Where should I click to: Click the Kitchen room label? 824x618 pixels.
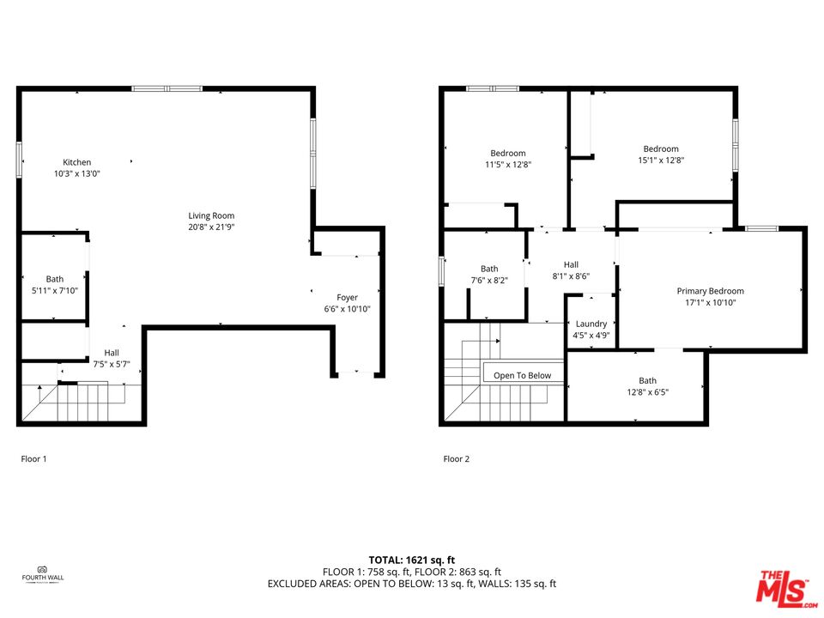tap(76, 162)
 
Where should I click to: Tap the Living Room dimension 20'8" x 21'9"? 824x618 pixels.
tap(211, 227)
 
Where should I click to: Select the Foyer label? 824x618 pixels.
tap(347, 298)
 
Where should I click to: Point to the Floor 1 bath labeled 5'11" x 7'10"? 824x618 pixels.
tap(55, 284)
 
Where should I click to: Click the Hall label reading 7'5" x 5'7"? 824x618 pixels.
tap(112, 358)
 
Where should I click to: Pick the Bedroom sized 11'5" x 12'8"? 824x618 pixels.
tap(507, 159)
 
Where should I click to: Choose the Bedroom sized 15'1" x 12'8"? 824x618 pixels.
tap(661, 154)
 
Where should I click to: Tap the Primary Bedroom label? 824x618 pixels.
tap(710, 296)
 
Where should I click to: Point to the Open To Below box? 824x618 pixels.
tap(523, 375)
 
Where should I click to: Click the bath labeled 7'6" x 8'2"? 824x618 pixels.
tap(489, 274)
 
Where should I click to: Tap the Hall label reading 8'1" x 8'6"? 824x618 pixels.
tap(571, 270)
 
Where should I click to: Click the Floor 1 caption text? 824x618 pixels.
tap(33, 459)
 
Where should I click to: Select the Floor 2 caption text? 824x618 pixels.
tap(457, 459)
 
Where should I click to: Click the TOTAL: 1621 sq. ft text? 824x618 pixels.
tap(411, 559)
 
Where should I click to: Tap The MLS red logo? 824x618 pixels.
tap(782, 586)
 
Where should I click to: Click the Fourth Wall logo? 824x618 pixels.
tap(42, 573)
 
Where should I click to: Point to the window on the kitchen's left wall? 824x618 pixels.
tap(18, 161)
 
